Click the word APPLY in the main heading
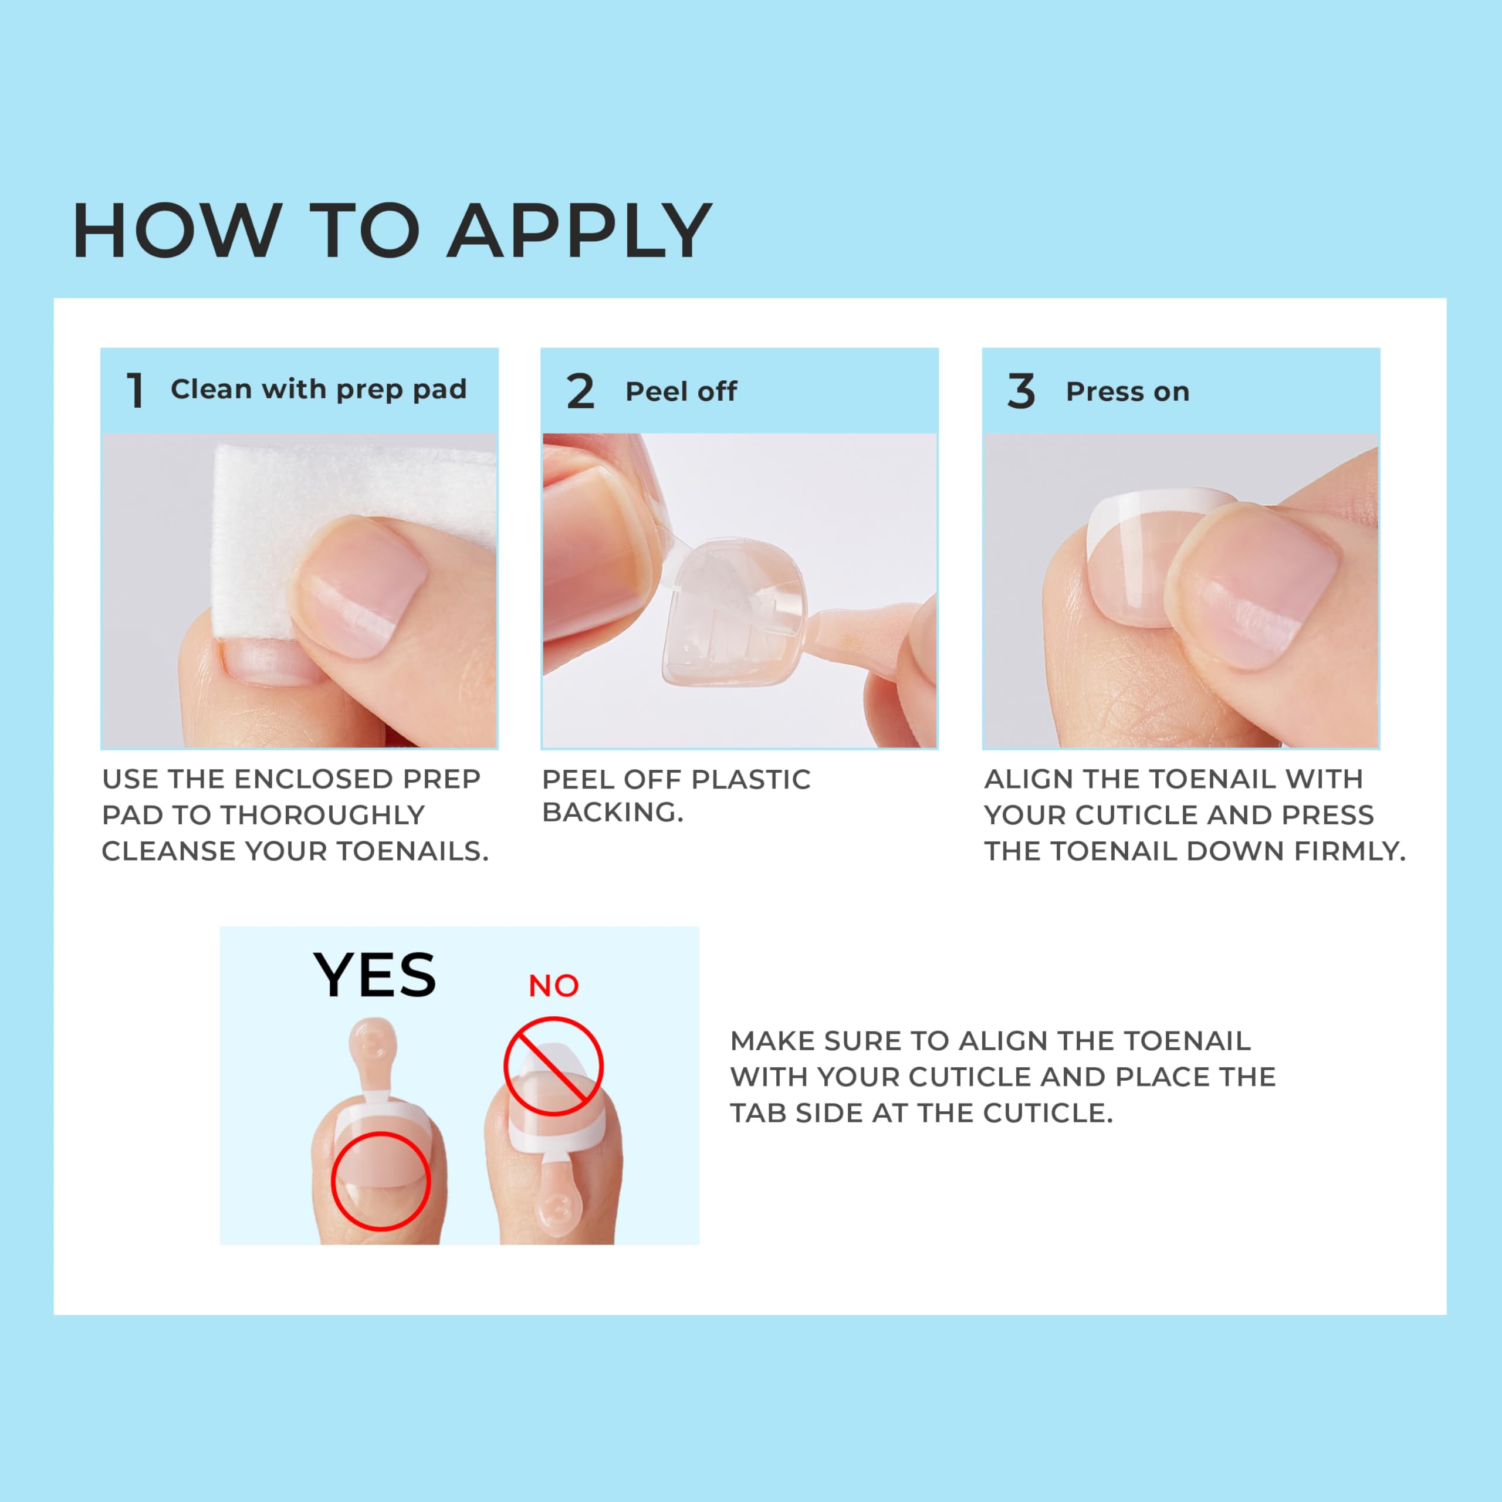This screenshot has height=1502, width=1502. click(579, 231)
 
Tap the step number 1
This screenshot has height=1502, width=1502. click(136, 390)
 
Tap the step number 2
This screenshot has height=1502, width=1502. click(580, 391)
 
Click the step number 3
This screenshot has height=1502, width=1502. click(1021, 391)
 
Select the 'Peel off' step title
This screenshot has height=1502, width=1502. click(681, 392)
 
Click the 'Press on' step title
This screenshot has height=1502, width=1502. click(1127, 392)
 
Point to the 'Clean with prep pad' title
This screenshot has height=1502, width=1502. click(319, 390)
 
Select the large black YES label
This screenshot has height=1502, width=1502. click(375, 976)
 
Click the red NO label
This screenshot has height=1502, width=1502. click(553, 986)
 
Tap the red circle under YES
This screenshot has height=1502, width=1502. click(380, 1180)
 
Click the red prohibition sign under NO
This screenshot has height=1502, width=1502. click(553, 1067)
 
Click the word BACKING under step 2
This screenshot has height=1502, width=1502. click(612, 813)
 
